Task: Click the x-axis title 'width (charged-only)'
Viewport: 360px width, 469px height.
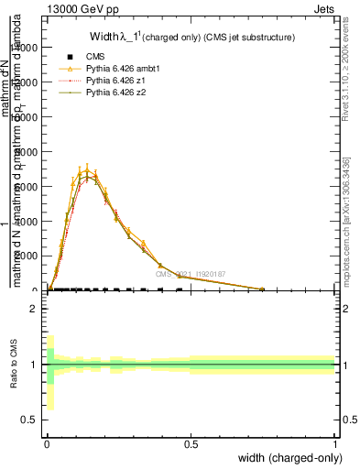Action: pos(289,457)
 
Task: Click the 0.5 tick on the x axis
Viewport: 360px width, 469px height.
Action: pos(191,443)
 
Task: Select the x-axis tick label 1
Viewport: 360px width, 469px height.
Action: pos(335,443)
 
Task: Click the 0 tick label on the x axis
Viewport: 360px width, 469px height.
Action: pos(47,443)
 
